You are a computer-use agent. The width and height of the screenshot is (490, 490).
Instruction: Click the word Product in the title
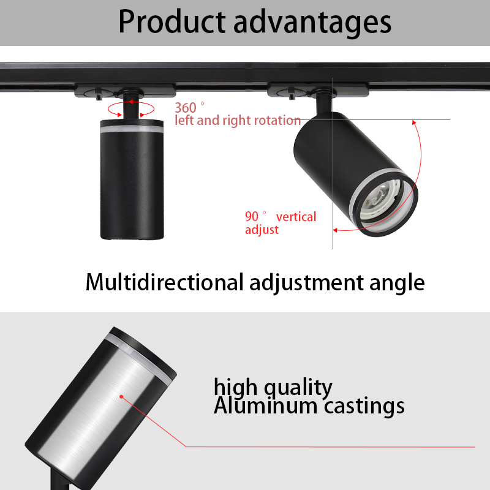[172, 21]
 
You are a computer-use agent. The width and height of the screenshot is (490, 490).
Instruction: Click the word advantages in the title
[312, 23]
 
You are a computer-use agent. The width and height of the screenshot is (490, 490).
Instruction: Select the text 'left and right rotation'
[238, 120]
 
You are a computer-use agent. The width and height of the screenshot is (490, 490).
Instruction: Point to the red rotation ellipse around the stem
[131, 102]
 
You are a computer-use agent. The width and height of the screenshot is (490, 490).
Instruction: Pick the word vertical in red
[296, 217]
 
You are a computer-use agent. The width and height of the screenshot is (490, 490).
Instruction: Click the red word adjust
[262, 230]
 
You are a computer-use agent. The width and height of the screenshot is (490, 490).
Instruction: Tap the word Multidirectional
[164, 282]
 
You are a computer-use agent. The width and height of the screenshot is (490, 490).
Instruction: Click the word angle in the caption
[397, 284]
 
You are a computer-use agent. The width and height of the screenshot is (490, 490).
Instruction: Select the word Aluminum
[265, 405]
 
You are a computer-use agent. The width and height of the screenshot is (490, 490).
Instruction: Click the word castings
[364, 407]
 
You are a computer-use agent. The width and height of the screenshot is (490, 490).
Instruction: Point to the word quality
[298, 388]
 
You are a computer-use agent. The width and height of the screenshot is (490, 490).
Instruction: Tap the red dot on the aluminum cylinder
[121, 397]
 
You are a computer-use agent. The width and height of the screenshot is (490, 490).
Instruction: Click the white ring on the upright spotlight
[132, 129]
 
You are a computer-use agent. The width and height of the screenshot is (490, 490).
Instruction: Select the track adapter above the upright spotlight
[125, 91]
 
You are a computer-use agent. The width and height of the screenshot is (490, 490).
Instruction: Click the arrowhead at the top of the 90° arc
[415, 123]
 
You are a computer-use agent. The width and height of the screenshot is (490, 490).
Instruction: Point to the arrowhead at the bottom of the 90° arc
[335, 230]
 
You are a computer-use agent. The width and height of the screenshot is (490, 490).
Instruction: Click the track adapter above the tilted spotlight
[318, 90]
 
